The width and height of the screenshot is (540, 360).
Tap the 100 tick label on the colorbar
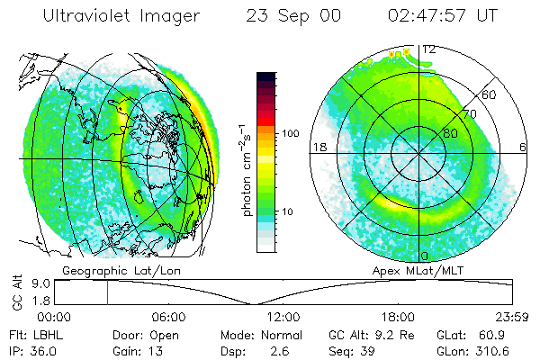click(291, 132)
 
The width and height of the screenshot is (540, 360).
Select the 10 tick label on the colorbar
click(288, 212)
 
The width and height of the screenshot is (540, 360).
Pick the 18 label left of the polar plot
click(318, 146)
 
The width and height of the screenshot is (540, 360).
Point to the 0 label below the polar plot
click(424, 256)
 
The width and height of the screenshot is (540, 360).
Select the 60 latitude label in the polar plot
click(490, 94)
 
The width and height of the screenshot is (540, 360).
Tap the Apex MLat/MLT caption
click(416, 270)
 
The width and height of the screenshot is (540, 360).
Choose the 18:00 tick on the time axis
click(398, 317)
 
